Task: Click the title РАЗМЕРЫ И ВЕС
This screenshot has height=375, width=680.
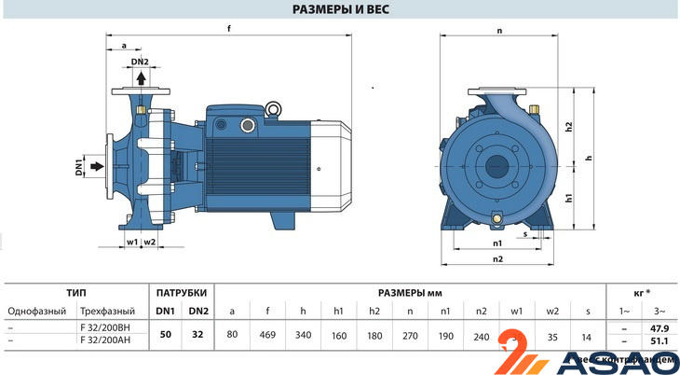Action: coord(340,10)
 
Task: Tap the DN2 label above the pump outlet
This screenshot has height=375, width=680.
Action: coord(140,62)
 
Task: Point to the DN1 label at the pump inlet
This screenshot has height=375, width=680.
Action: coord(80,169)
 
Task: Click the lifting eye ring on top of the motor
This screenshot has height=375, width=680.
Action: coord(275,110)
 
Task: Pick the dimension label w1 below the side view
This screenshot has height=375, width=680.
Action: coord(131,242)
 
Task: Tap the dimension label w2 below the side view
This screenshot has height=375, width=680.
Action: coord(149,242)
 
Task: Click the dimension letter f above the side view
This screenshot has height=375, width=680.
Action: coord(229,27)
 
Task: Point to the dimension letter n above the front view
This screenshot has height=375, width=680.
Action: coord(499,31)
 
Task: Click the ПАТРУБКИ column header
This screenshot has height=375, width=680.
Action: coord(181,292)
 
